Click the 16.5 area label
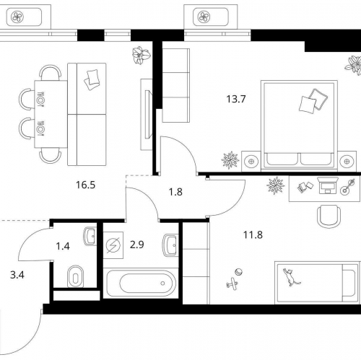85,185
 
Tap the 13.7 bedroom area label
236,99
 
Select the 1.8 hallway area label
175,192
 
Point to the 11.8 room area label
253,234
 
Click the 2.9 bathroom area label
137,245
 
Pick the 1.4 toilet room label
63,246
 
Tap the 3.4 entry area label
17,275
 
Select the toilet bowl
76,276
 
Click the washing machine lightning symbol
113,245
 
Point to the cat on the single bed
291,277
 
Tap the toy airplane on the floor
232,284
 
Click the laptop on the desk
328,185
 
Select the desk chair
329,216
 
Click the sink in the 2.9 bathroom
170,245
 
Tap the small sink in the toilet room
90,236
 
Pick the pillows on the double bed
313,101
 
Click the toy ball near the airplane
239,272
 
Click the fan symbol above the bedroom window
204,17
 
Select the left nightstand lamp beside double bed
251,162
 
